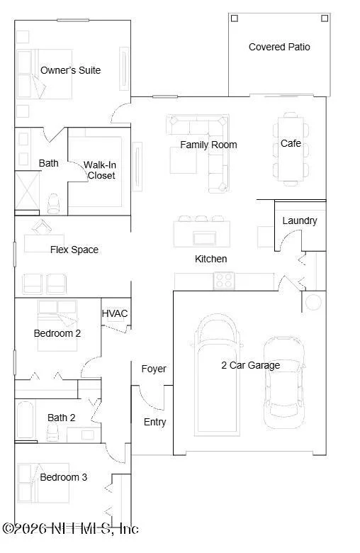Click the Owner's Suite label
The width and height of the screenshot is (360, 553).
[x=71, y=70]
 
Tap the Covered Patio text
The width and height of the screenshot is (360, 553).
[x=279, y=47]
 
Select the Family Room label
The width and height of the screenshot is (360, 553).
[x=208, y=145]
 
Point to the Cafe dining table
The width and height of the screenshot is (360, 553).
[x=291, y=149]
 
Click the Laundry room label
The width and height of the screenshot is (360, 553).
[x=300, y=220]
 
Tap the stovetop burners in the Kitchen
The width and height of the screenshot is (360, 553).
[x=224, y=281]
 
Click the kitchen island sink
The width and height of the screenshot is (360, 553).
[x=205, y=238]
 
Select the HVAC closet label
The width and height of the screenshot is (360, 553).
[x=115, y=313]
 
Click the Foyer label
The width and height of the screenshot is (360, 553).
[x=154, y=369]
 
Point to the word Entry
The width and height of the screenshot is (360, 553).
[x=154, y=422]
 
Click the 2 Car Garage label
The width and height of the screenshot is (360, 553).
[x=251, y=365]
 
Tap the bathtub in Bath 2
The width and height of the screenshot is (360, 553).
[x=25, y=419]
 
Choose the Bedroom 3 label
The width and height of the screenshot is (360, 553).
[x=64, y=477]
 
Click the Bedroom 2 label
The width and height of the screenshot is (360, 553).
[x=57, y=333]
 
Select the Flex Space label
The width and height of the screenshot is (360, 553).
[x=74, y=250]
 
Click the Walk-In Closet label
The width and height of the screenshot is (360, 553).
[x=101, y=170]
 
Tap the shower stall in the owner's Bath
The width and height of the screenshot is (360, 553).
[x=27, y=191]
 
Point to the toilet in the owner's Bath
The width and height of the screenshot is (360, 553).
[x=54, y=204]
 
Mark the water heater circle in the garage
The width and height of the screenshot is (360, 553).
[x=313, y=302]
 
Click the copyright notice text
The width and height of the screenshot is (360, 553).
[x=70, y=529]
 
